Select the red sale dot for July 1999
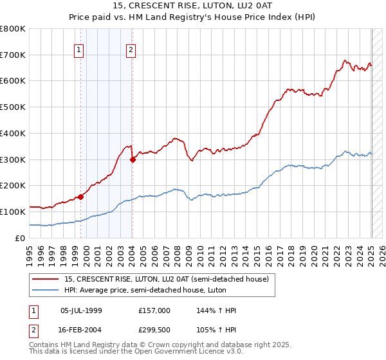(81, 197)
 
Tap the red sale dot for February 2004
(133, 159)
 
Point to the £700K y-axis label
(13, 55)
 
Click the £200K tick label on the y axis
(13, 186)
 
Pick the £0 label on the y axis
(21, 238)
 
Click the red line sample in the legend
(46, 278)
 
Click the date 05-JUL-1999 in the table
(81, 310)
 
